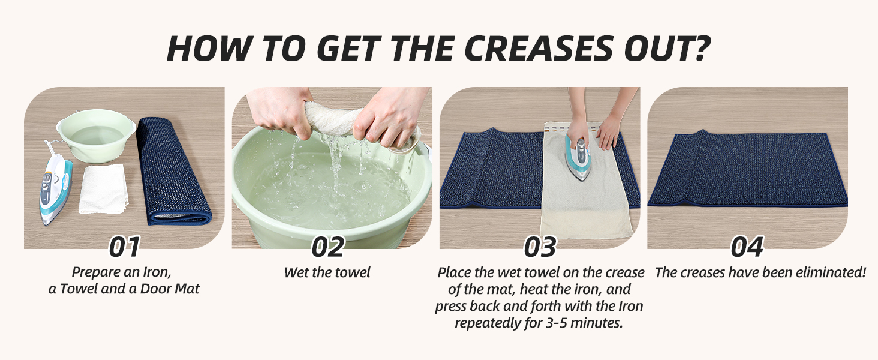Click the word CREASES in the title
pos(539,49)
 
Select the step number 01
pos(124,247)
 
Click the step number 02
pos(329,247)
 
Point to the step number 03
pos(540,247)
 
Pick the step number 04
pos(747,247)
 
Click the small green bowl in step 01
pos(95,134)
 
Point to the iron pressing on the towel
pos(578,157)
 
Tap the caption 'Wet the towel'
pos(327,272)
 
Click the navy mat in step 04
pos(747,169)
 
